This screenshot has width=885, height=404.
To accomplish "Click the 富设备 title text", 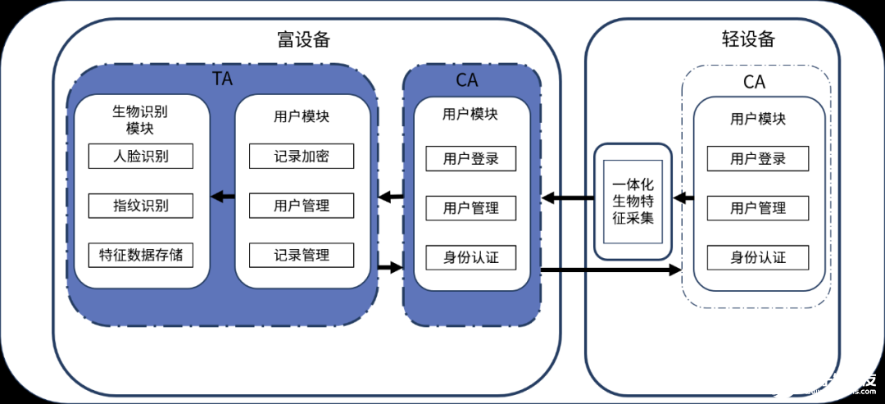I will click(x=304, y=39).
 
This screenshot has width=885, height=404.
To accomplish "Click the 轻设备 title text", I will click(x=747, y=39).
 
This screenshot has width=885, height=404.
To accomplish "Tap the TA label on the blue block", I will click(x=222, y=79).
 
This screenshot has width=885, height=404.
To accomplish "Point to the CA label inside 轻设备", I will click(x=754, y=82).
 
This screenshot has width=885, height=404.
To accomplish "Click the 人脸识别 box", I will click(x=141, y=157).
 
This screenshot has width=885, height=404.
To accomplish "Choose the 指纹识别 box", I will click(x=141, y=206).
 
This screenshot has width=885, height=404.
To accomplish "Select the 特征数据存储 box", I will click(x=141, y=255).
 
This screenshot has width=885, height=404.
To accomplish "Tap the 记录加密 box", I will click(x=302, y=157).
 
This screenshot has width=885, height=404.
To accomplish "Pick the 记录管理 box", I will click(x=302, y=255).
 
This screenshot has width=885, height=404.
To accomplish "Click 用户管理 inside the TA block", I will click(x=302, y=206).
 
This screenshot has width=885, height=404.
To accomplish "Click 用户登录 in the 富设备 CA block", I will click(x=471, y=159).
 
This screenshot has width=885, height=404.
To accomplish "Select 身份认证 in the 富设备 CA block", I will click(x=471, y=258).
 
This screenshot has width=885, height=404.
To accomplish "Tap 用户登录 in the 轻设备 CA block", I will click(x=758, y=159).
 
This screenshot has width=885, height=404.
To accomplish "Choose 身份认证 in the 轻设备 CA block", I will click(x=758, y=258).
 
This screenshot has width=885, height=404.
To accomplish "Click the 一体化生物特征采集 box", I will click(x=633, y=202).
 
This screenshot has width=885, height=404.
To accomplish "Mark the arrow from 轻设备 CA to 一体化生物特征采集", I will click(x=683, y=197).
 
